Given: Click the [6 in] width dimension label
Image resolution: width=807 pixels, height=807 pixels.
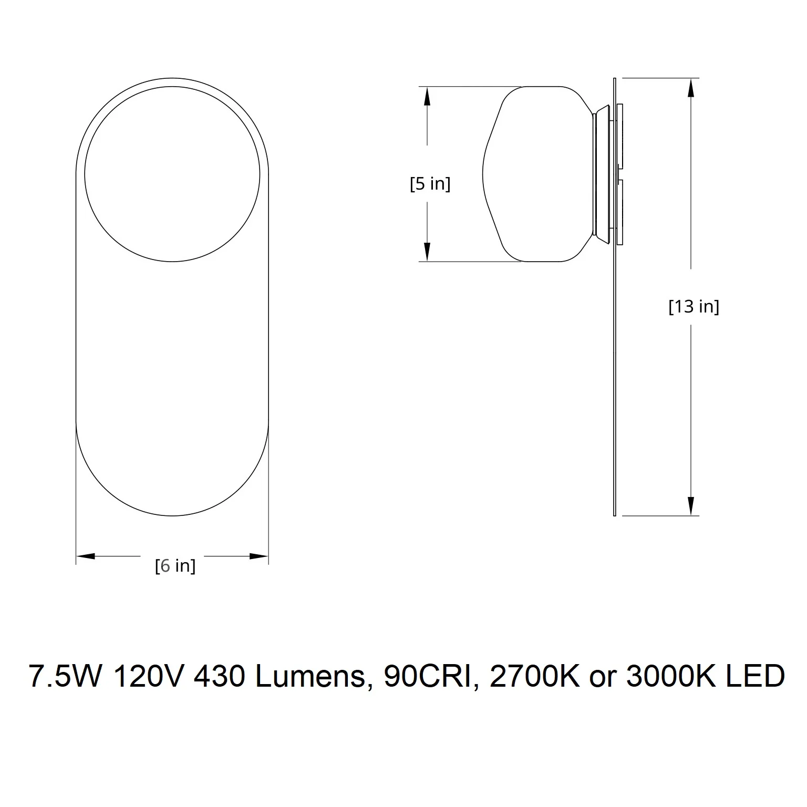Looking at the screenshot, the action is [x=175, y=566].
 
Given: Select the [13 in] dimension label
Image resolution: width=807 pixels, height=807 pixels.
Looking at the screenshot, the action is [x=694, y=306].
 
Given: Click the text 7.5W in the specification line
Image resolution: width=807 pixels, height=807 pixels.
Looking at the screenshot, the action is [x=64, y=676].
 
